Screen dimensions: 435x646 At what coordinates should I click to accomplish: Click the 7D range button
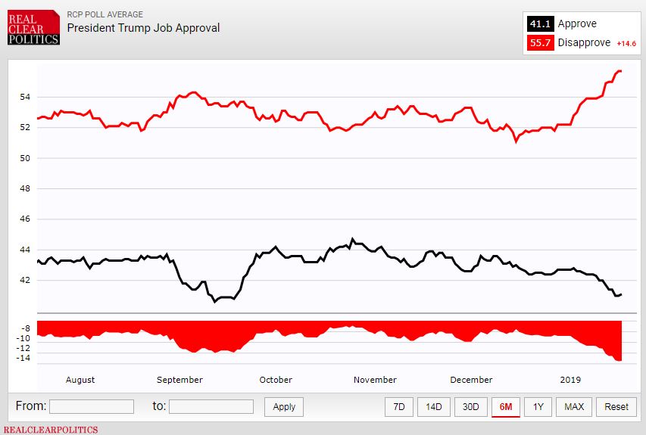[x=398, y=406]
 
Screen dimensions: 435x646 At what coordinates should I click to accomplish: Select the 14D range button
[x=433, y=406]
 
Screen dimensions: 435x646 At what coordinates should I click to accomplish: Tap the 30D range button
[x=470, y=406]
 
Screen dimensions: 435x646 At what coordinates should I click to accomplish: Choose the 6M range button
[x=505, y=406]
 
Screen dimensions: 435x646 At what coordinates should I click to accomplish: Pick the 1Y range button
[x=538, y=406]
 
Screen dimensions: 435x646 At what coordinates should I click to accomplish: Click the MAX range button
[x=574, y=406]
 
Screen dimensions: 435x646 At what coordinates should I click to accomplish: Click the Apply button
[x=284, y=406]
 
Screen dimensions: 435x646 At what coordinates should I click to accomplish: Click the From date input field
[x=91, y=406]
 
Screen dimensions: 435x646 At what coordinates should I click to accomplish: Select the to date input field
[x=211, y=406]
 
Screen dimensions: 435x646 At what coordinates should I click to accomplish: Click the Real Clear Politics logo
[x=34, y=27]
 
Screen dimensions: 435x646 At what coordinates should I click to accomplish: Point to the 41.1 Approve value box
[x=540, y=24]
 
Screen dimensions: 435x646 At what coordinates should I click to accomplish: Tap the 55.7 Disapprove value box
[x=540, y=43]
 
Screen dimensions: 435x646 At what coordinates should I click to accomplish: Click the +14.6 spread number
[x=626, y=44]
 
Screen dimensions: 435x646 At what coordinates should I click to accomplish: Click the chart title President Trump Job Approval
[x=143, y=28]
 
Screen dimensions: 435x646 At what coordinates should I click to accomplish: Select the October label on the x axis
[x=276, y=380]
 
